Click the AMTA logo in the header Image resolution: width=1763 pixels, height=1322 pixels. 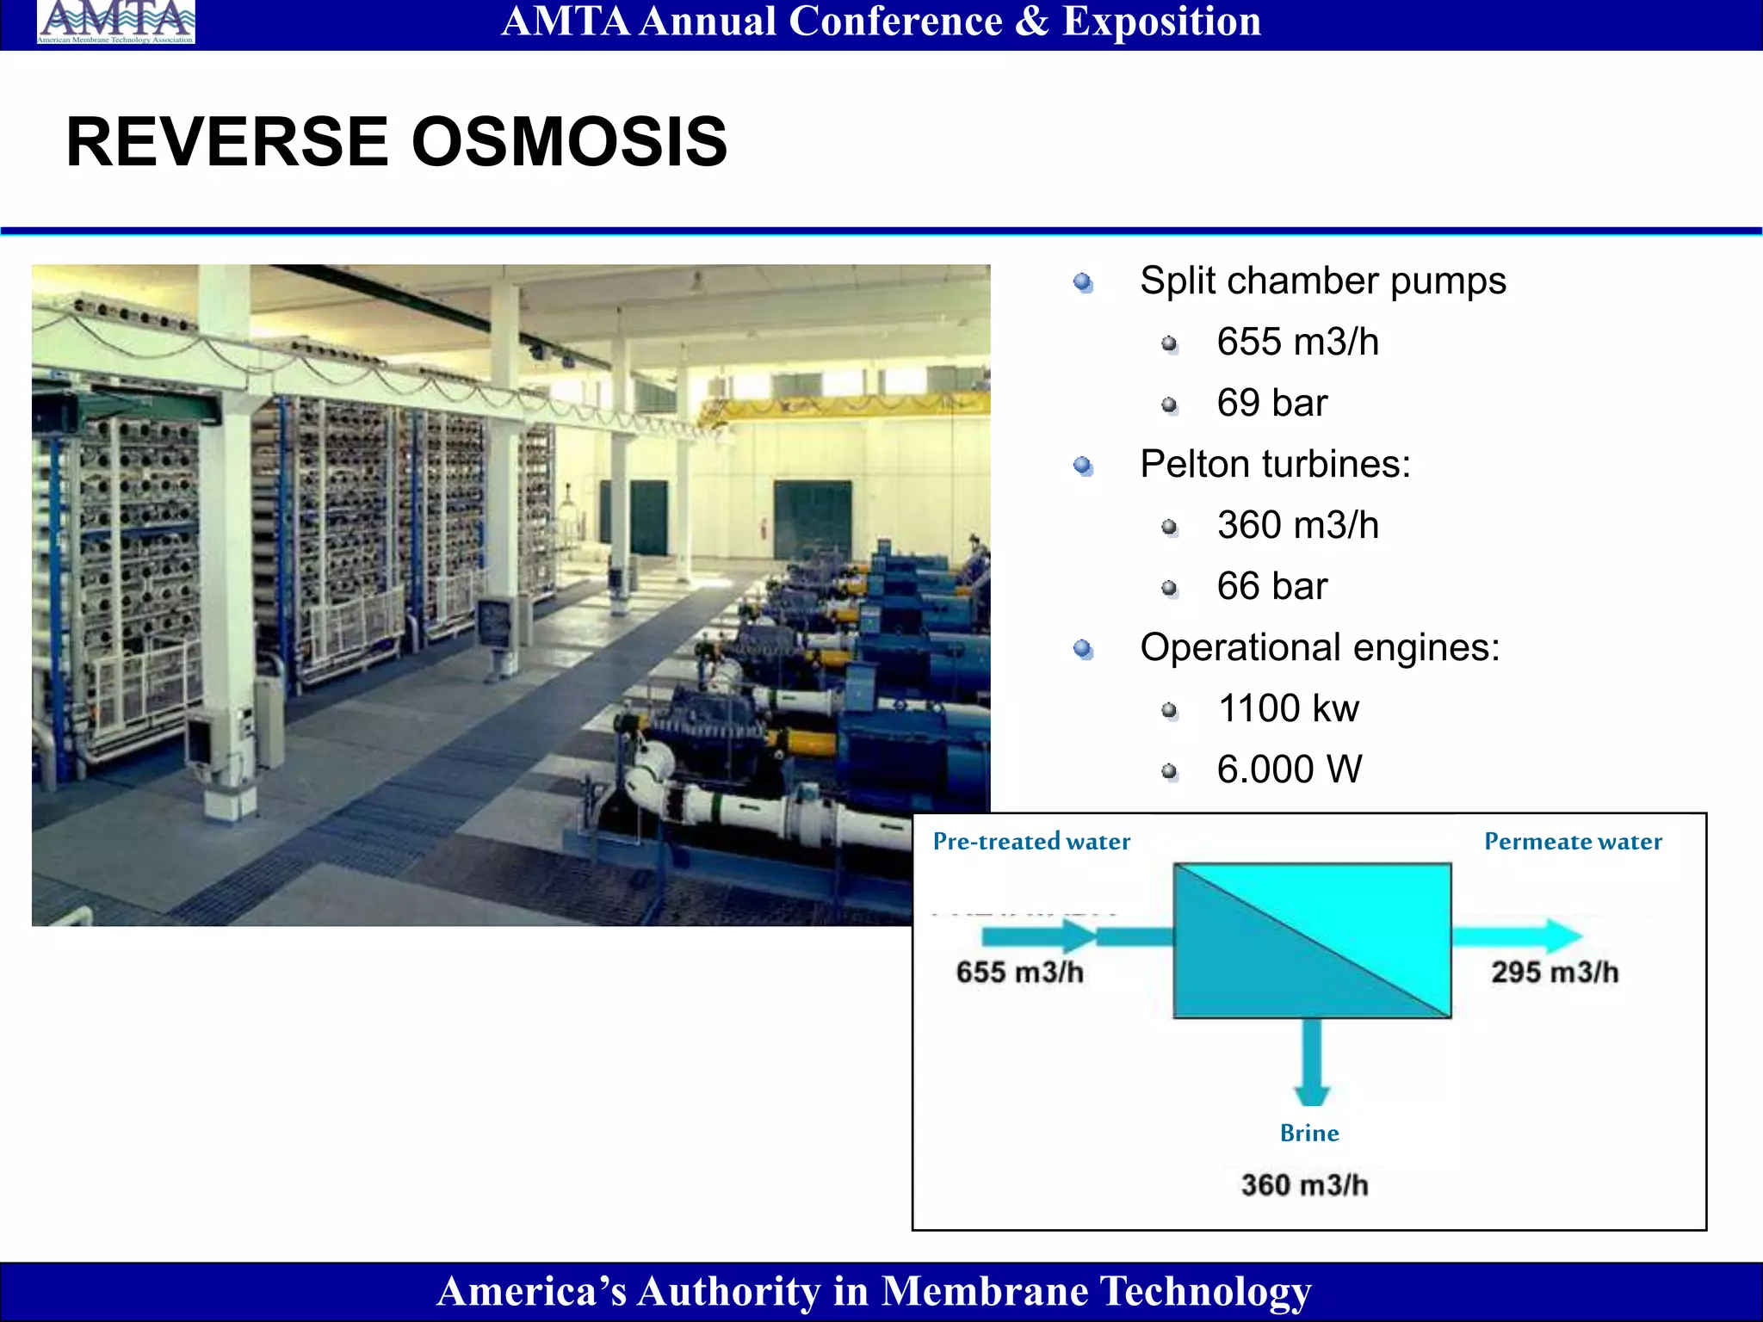pos(115,22)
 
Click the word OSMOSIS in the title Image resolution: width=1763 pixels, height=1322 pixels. pos(569,142)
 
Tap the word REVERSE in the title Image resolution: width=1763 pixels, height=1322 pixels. pos(227,142)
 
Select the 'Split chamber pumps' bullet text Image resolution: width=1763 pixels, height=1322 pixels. pos(1322,281)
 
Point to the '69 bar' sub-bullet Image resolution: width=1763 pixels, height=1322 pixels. pos(1271,403)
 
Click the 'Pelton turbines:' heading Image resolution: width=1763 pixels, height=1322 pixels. pos(1275,464)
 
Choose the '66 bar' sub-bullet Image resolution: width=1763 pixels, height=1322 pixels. pos(1271,586)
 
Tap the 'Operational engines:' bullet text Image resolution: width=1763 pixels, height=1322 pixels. pos(1319,647)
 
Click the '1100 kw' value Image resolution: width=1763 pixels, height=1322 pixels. pos(1288,708)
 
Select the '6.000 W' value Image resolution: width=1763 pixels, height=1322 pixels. pos(1289,769)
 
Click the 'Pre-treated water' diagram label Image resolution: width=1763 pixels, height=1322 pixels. pos(1031,841)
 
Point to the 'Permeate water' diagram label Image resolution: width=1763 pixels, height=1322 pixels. pos(1573,841)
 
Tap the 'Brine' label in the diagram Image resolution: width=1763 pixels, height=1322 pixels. pos(1308,1133)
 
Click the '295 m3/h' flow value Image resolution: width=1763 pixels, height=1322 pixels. pos(1555,972)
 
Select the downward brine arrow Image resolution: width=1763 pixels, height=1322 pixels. pos(1312,1064)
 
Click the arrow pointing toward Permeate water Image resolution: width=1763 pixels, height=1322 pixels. pos(1519,936)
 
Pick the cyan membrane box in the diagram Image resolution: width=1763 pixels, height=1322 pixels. pos(1312,941)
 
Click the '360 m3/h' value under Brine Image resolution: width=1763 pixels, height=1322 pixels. pos(1304,1185)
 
